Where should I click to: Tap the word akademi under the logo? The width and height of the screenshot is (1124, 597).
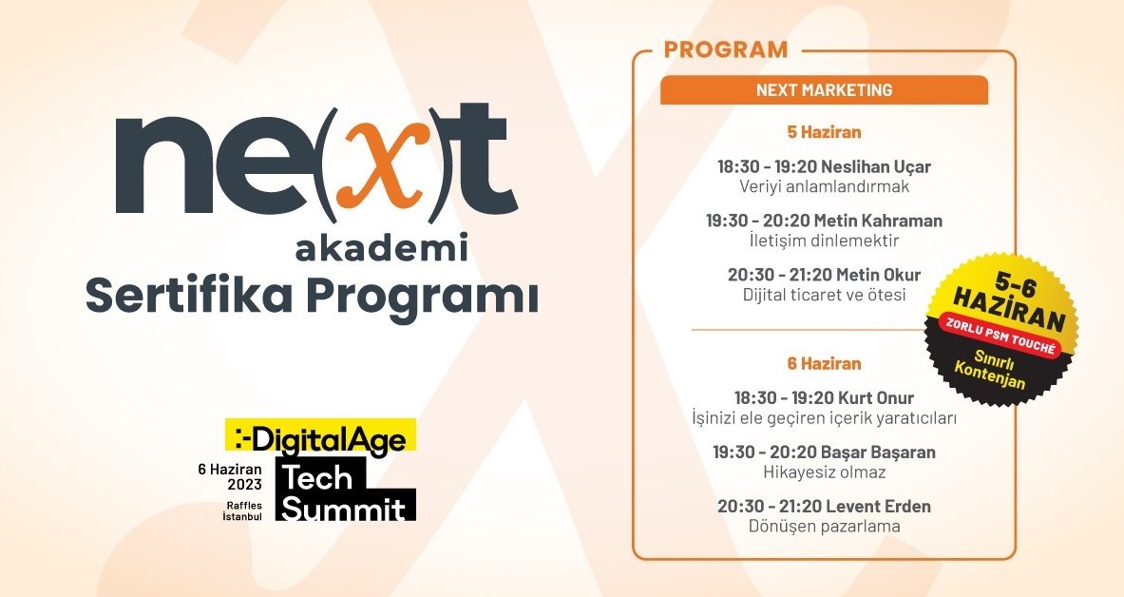[381, 249]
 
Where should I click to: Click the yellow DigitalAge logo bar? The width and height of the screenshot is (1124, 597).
[320, 436]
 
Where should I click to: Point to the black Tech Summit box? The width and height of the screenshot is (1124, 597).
[346, 489]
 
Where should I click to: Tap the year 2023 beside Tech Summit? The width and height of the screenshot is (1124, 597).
[237, 485]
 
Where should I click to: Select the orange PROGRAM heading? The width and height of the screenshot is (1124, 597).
[725, 49]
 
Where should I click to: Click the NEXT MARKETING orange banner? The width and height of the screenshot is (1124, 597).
[824, 90]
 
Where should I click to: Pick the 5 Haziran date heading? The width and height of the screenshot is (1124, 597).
[824, 132]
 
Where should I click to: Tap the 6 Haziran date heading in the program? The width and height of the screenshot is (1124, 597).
[824, 363]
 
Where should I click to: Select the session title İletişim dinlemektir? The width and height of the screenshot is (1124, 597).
[824, 241]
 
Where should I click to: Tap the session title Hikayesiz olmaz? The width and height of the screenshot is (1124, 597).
[824, 472]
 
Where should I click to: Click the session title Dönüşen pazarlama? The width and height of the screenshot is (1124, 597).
[824, 526]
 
